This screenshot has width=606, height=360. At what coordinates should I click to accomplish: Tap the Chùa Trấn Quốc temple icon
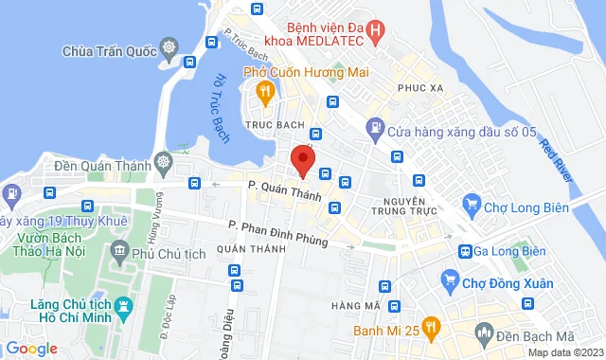click(169, 48)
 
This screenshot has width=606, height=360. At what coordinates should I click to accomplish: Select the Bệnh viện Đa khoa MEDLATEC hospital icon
click(378, 30)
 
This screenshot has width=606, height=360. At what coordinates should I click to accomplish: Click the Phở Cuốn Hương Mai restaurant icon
click(265, 91)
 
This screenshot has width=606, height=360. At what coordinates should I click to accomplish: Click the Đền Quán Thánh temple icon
click(164, 162)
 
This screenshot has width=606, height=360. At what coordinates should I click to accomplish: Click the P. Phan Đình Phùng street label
click(277, 233)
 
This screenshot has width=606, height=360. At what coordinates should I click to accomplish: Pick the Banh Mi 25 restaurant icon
click(431, 329)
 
